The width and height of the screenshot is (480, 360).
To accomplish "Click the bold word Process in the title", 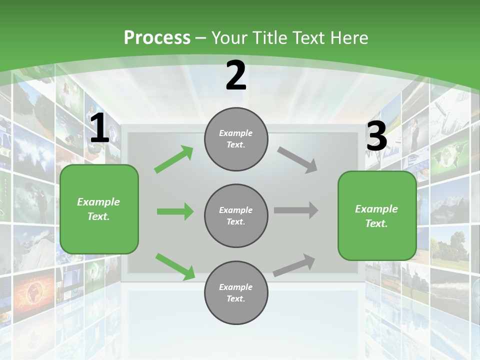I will coord(157,38).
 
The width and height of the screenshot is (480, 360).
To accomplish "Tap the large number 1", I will coord(99,128).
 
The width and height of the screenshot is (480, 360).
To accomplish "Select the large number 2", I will coord(236,76).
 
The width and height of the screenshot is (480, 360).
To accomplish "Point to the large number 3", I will coord(376,136).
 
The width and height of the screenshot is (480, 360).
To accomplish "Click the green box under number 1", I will coord(99,209).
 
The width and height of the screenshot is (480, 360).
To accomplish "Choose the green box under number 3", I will coord(377,215).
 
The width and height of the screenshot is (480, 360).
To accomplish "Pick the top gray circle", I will coord(236,139).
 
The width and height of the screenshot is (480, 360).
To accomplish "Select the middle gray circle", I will coord(236,215).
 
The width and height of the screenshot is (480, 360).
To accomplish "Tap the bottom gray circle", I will coord(236,292).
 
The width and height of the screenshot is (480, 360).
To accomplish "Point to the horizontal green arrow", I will coord(175,211).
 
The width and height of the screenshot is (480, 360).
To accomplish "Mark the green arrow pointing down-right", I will coord(175,266).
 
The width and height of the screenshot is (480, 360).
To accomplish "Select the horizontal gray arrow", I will coord(296,210).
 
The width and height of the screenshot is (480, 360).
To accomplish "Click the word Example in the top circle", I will coord(236,133).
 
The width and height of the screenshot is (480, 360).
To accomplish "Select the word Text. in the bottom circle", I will coord(236,298).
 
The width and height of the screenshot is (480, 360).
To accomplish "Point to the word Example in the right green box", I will coord(376,209).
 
